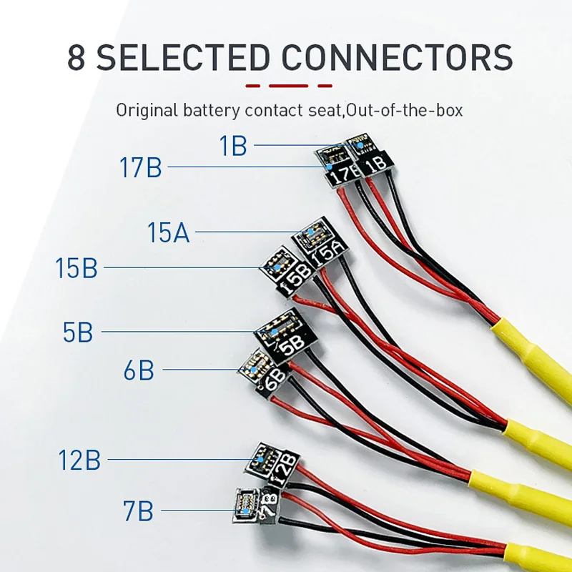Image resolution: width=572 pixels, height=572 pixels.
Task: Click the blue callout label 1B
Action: (x=233, y=146)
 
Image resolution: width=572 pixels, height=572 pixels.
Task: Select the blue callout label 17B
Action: (x=141, y=169)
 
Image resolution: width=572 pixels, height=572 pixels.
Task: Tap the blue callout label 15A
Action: (x=169, y=232)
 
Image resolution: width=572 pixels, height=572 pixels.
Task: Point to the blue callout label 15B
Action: (x=77, y=268)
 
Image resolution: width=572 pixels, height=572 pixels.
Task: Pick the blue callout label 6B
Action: (x=138, y=370)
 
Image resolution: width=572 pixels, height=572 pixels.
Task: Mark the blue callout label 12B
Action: (x=79, y=460)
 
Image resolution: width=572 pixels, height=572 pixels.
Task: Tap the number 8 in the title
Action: (x=77, y=57)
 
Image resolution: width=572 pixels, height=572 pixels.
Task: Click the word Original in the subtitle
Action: (x=142, y=111)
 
